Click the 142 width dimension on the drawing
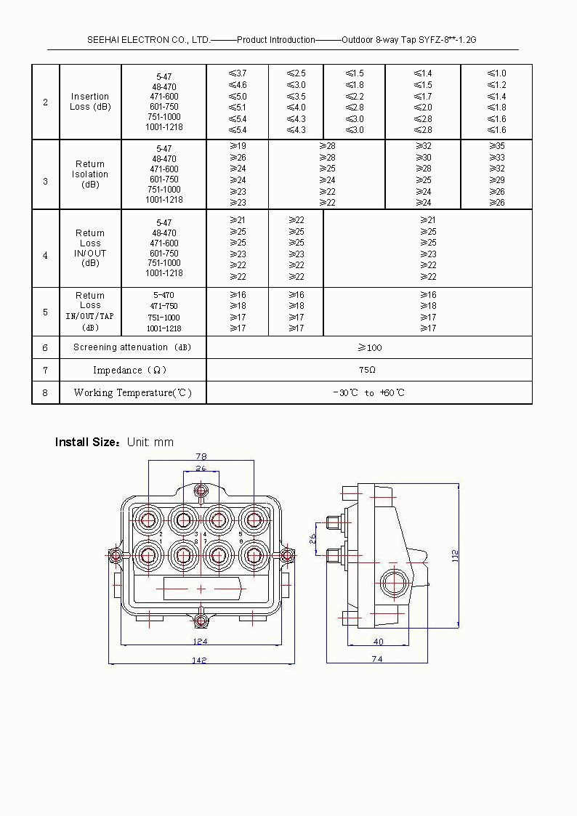point(200,660)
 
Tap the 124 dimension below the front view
point(201,641)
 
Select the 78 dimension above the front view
point(201,456)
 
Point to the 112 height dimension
point(456,555)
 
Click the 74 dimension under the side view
point(377,659)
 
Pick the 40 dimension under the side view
point(378,641)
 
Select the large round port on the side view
point(395,583)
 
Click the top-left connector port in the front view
point(149,520)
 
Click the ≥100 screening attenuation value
point(369,347)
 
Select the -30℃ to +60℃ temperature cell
point(368,392)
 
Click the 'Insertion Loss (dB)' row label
point(90,102)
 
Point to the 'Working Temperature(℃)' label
point(133,392)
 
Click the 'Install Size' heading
point(86,442)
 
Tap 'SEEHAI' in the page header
point(104,40)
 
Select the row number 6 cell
point(45,348)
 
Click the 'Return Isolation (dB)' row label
point(90,174)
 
